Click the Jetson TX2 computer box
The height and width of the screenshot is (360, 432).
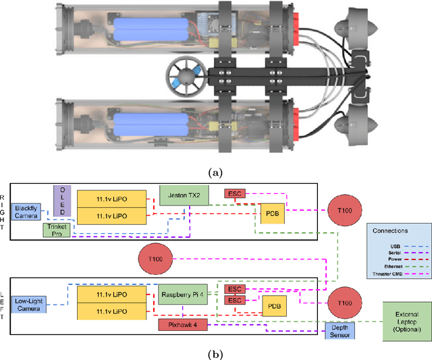click(x=184, y=195)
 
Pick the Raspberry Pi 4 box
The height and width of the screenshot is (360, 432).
click(x=184, y=295)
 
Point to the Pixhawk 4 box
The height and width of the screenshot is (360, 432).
click(x=182, y=325)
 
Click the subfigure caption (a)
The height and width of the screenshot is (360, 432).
click(x=215, y=173)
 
